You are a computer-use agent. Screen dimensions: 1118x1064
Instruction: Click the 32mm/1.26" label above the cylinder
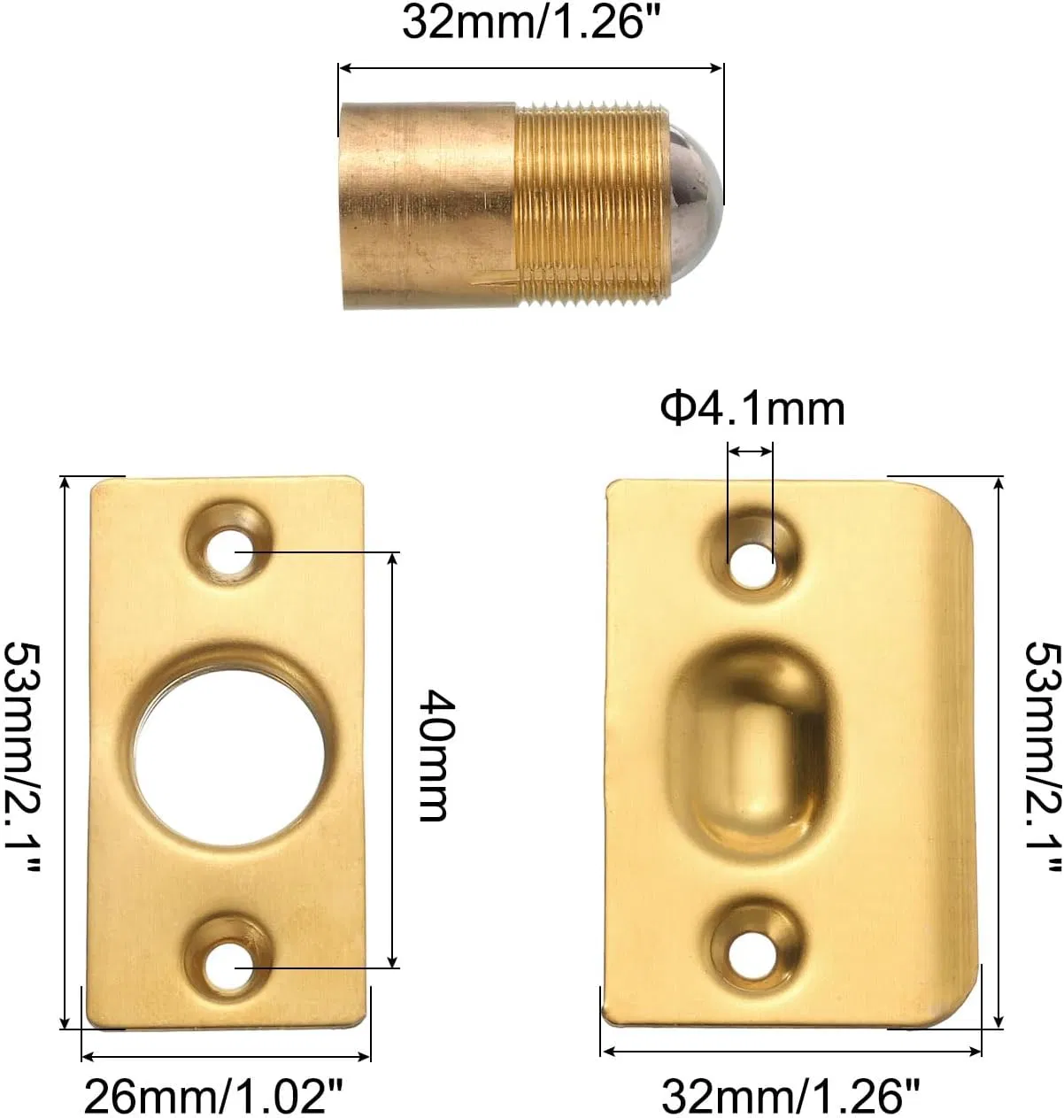click(x=533, y=21)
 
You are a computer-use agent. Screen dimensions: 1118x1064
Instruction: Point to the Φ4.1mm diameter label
click(x=752, y=409)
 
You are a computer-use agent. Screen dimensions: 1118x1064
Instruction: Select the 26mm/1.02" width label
click(x=212, y=1098)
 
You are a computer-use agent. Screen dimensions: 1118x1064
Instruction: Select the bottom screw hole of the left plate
click(x=229, y=967)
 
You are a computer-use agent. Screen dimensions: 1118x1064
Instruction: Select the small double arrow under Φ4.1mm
click(x=750, y=451)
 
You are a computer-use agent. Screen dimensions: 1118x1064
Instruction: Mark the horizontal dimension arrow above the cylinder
click(x=531, y=67)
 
